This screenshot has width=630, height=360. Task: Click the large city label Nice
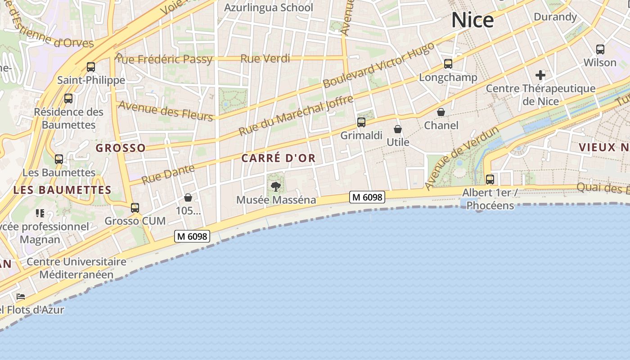pos(472,20)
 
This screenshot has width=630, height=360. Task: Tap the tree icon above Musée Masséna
pos(276,186)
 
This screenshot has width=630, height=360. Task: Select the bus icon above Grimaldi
pos(361,122)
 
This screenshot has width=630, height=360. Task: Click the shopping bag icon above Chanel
pos(441,112)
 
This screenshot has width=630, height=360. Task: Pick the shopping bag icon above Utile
pos(398,130)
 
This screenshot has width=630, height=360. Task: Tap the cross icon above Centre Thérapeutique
pos(540,75)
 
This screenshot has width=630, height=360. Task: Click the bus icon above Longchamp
pos(448,64)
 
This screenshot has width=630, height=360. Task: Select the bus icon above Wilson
pos(600,49)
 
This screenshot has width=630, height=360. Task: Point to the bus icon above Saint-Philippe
pos(91,67)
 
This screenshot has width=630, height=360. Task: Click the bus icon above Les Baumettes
pos(59,159)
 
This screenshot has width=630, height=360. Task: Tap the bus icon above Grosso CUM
pos(135,208)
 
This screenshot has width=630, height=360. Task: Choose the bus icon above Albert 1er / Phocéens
pos(490,180)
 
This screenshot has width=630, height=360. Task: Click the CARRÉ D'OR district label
pos(279,158)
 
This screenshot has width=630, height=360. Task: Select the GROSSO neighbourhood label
pos(121,148)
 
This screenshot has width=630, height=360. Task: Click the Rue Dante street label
pos(168,174)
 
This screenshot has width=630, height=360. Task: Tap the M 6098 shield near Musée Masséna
pos(367,197)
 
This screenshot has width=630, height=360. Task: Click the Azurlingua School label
pos(268,8)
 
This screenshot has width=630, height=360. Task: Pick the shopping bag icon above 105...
pos(188,198)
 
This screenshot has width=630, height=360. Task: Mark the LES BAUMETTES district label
pos(62,190)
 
